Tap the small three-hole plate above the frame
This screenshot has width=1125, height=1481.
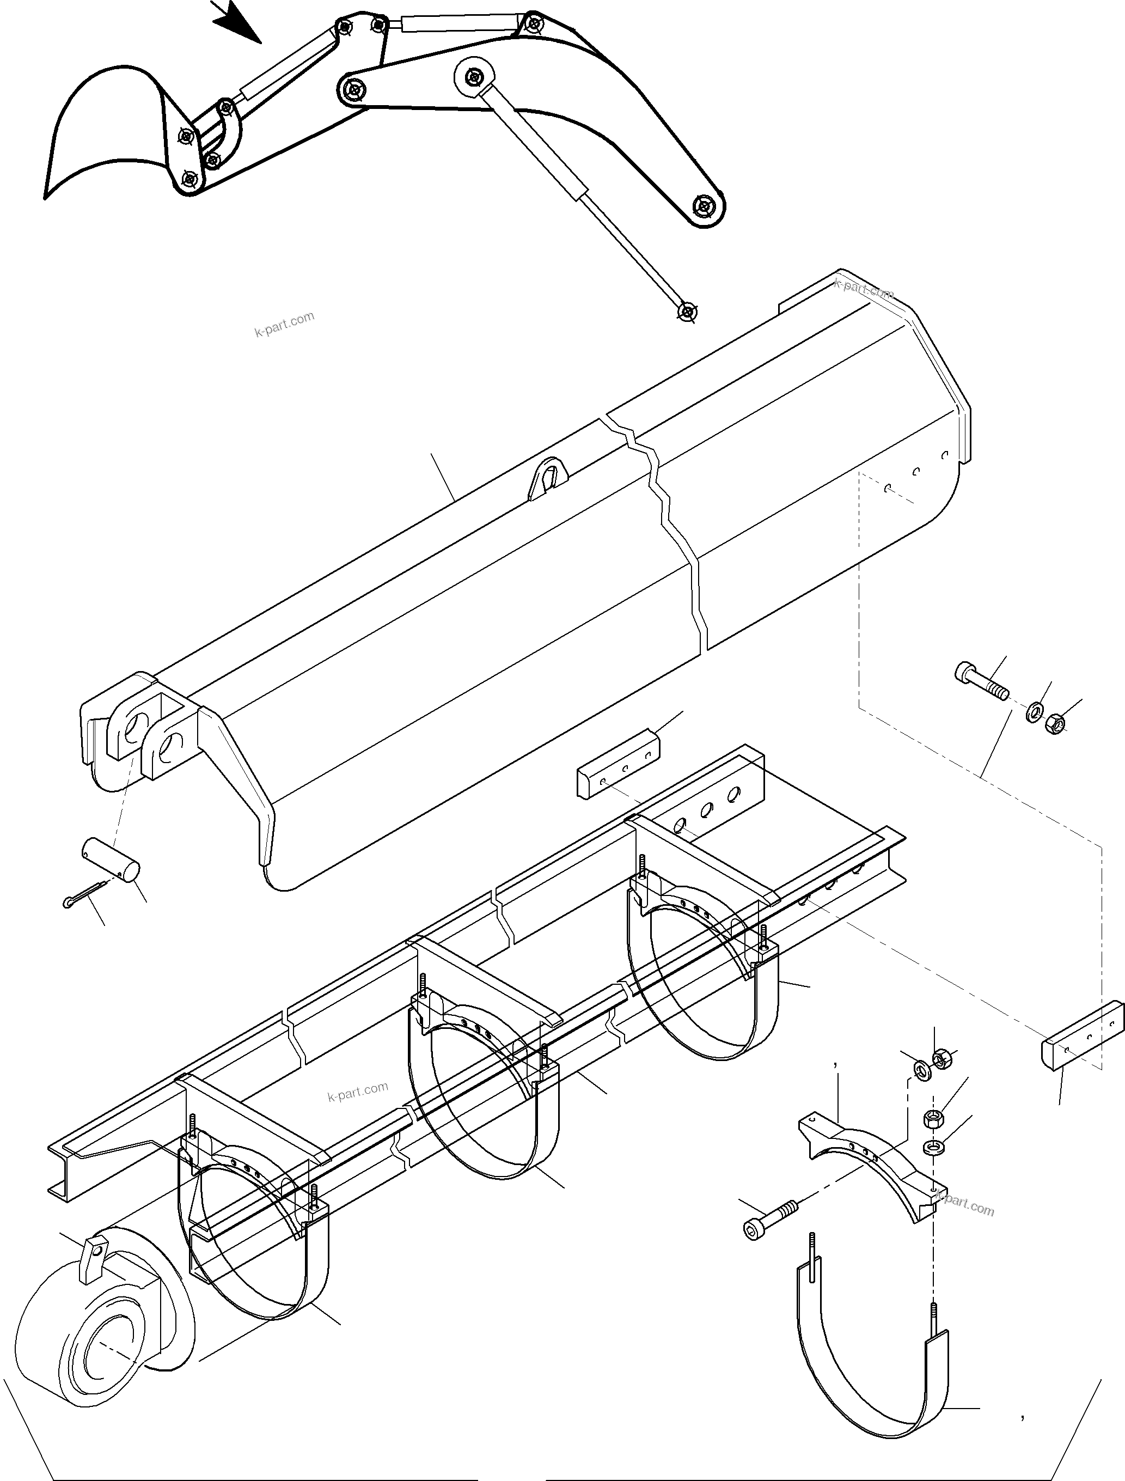tap(617, 765)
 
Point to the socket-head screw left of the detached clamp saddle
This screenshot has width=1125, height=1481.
tap(770, 1216)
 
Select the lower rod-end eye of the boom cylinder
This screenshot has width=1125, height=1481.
tap(687, 312)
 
